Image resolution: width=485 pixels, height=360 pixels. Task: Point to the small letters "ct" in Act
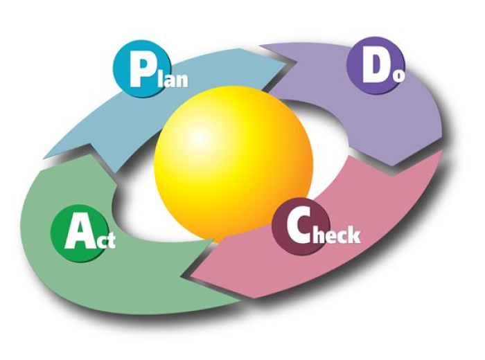pos(105,240)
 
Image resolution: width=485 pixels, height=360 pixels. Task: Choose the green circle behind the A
pos(78,233)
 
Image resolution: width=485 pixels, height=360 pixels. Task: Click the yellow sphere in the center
pos(233,164)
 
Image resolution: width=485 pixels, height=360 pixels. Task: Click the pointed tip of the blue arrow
pos(286,63)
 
